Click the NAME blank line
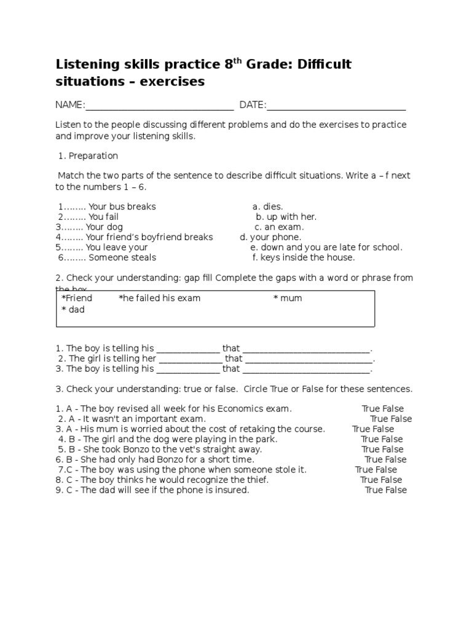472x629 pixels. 159,108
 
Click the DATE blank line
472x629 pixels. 336,108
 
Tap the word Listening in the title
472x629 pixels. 87,64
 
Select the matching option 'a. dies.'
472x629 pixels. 267,206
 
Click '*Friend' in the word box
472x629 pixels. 77,298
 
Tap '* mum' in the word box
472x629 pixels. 288,298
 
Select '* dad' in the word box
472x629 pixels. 73,310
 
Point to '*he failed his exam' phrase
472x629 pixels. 160,298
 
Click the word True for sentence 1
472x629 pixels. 371,408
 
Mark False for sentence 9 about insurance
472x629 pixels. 396,490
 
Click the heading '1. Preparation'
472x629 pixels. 87,155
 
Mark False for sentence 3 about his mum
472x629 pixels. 383,429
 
